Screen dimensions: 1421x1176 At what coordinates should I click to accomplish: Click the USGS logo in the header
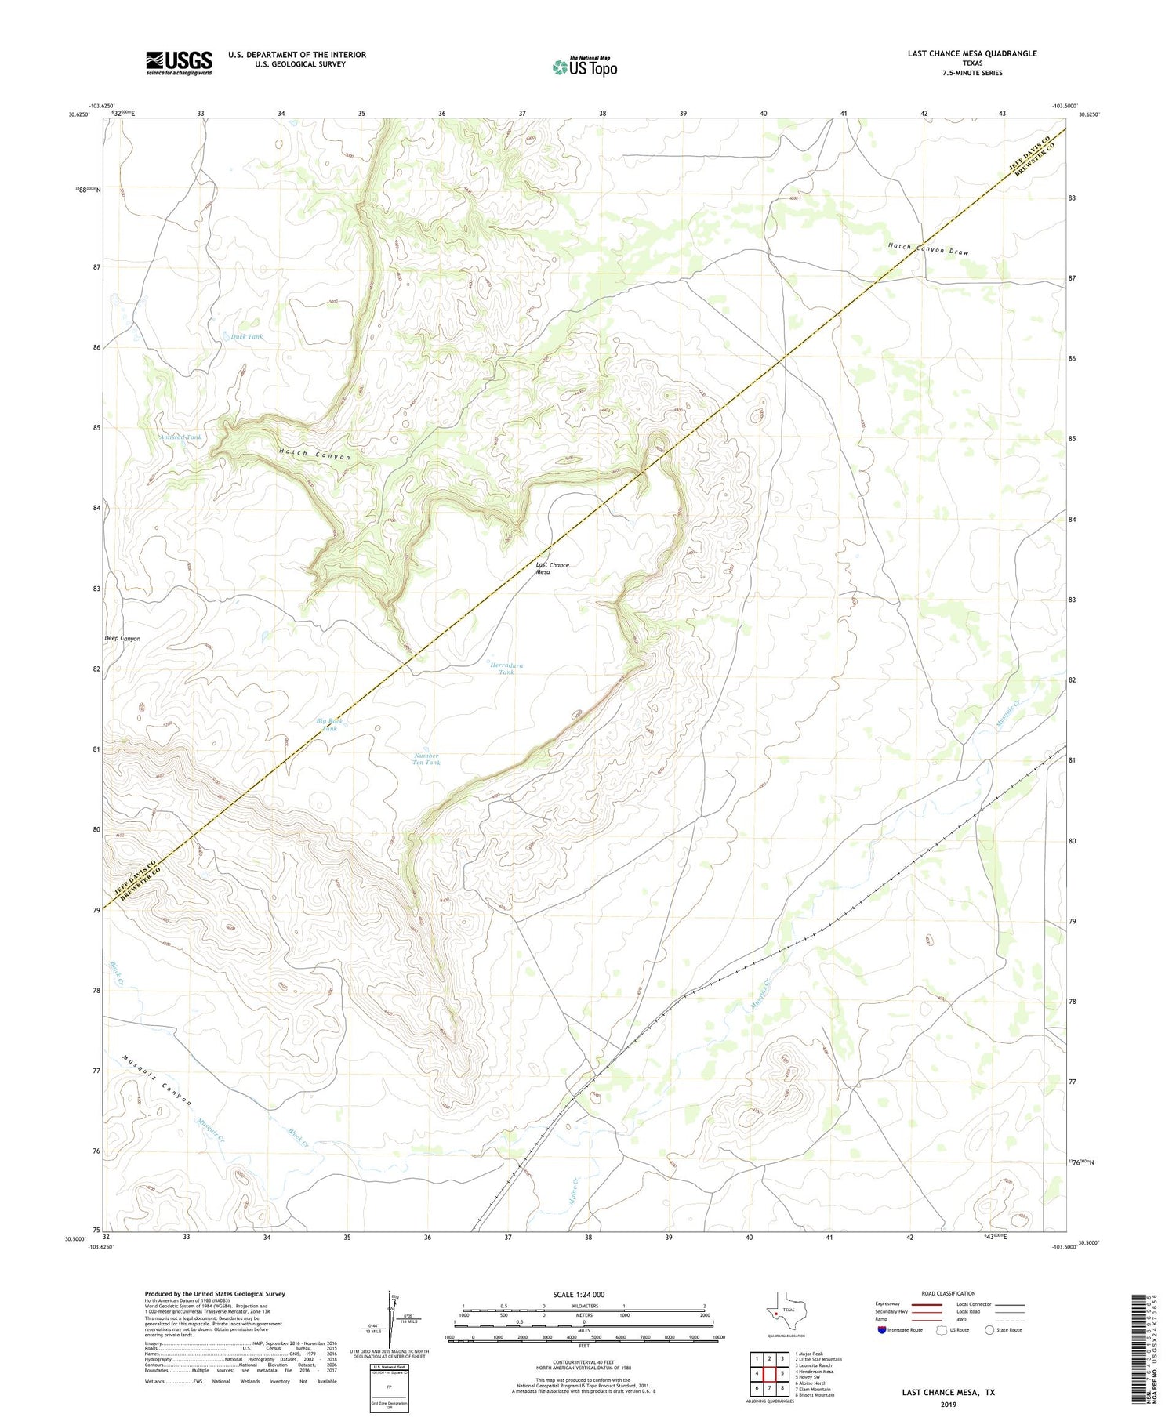[179, 63]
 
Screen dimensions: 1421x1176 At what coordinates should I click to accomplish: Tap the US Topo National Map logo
[584, 67]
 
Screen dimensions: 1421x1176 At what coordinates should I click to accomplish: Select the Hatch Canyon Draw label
[927, 249]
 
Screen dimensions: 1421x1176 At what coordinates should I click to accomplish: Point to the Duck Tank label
[247, 336]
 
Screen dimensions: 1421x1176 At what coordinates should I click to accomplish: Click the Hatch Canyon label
[314, 455]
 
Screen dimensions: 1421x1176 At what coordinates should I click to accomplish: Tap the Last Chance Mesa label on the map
[552, 568]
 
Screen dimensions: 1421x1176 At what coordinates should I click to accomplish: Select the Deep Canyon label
[122, 639]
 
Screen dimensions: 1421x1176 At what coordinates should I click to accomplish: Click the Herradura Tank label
[506, 669]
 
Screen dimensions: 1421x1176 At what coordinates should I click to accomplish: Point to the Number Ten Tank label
[427, 759]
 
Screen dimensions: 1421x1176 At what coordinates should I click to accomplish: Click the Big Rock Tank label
[329, 724]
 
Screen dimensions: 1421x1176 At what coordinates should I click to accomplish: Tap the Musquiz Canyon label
[157, 1079]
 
